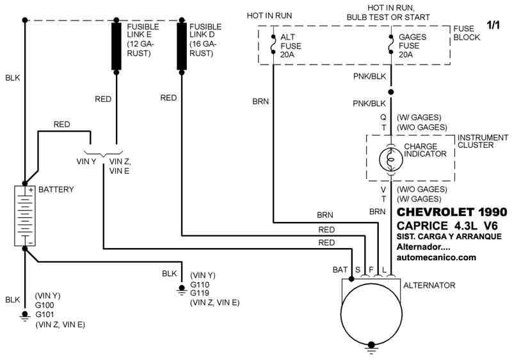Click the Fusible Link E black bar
tap(117, 46)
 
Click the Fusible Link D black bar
tap(182, 46)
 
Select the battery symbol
tap(25, 215)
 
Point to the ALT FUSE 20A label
tap(291, 45)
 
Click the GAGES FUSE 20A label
tap(412, 45)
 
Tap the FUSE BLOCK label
tap(465, 33)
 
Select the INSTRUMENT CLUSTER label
tap(483, 141)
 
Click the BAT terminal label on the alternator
tap(340, 270)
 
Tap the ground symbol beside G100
tap(25, 315)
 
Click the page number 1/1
tap(493, 26)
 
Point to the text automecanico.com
tap(437, 258)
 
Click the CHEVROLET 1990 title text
tap(452, 212)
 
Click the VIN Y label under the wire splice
tap(86, 161)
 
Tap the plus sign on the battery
tap(29, 190)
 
